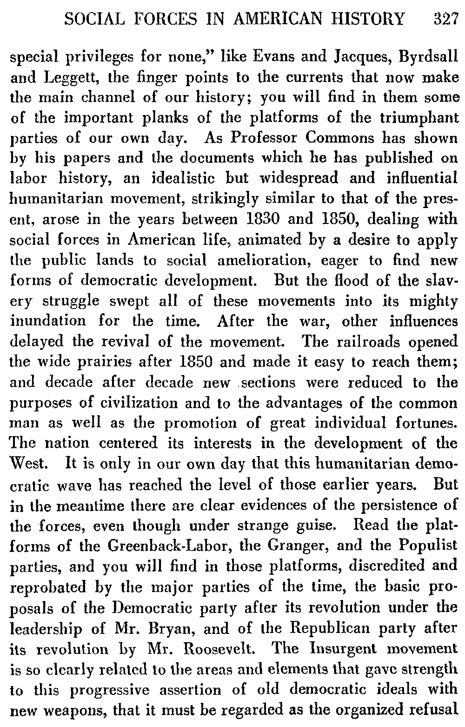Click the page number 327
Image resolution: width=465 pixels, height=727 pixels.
tap(445, 19)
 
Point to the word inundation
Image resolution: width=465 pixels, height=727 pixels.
tap(48, 321)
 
